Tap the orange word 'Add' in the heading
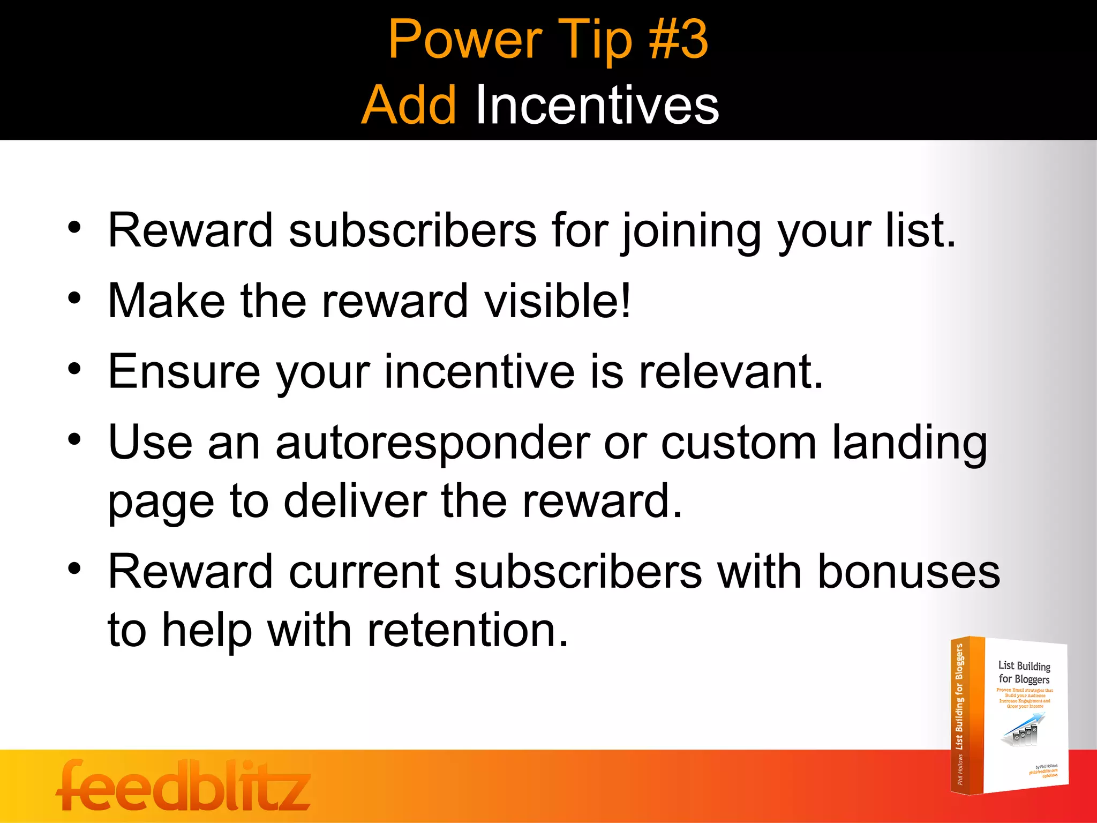pyautogui.click(x=409, y=105)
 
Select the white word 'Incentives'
pyautogui.click(x=597, y=105)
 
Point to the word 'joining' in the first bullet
pyautogui.click(x=691, y=231)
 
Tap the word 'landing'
pyautogui.click(x=909, y=443)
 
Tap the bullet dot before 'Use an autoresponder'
pyautogui.click(x=74, y=439)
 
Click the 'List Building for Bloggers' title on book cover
pyautogui.click(x=1024, y=672)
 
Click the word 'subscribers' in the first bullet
pyautogui.click(x=412, y=231)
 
